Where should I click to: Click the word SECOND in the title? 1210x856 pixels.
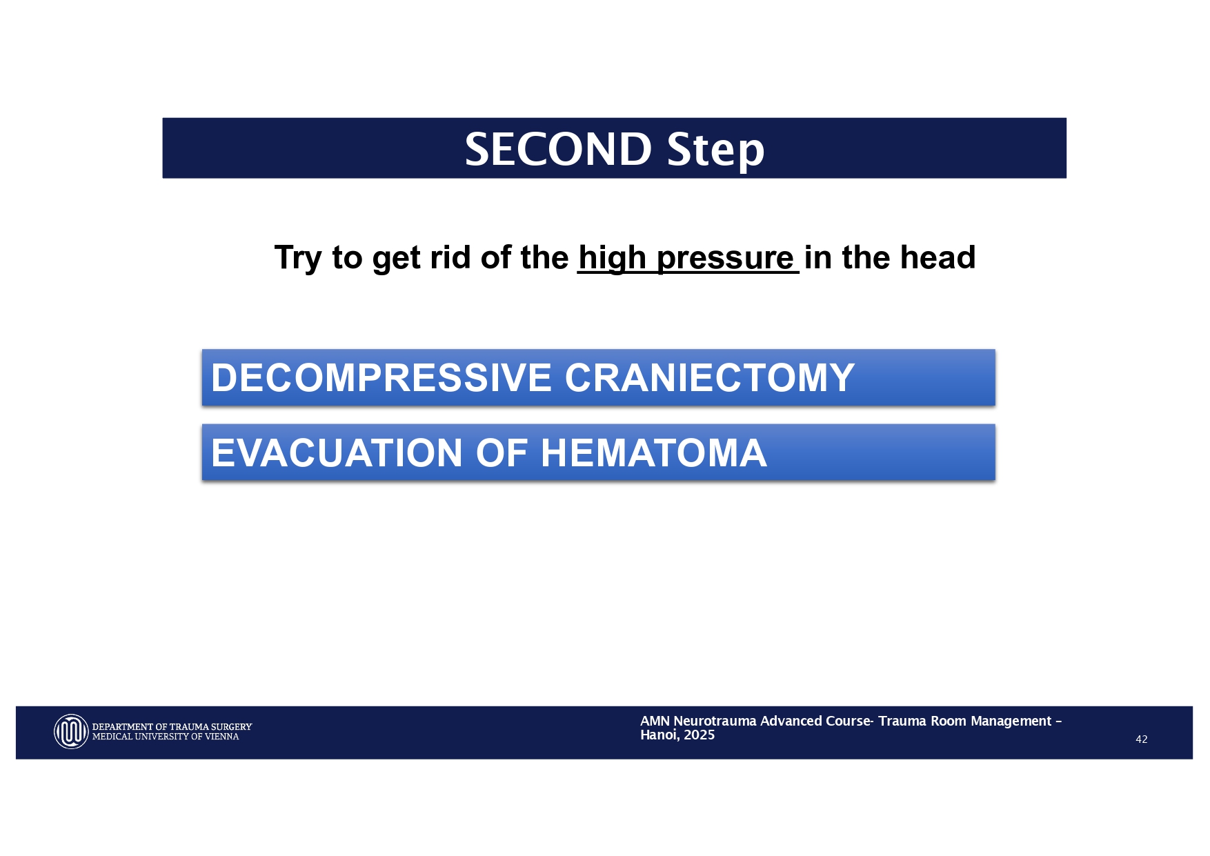click(x=557, y=149)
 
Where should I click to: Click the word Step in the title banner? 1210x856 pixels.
click(x=715, y=149)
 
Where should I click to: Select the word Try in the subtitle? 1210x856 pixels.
click(x=298, y=258)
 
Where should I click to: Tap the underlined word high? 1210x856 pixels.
click(x=612, y=258)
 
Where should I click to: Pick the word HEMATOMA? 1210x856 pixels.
click(x=653, y=453)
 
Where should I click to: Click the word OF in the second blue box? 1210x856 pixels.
click(x=502, y=453)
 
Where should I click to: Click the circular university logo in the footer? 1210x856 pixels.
click(x=71, y=731)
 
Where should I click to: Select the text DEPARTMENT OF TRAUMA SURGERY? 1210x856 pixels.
click(x=172, y=726)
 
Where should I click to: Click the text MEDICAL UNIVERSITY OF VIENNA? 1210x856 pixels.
click(x=166, y=737)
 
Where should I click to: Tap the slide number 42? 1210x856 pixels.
click(x=1141, y=739)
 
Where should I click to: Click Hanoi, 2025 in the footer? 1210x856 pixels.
click(x=677, y=735)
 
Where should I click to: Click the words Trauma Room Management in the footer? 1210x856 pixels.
click(x=964, y=721)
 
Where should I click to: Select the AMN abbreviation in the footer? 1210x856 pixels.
click(x=655, y=721)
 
